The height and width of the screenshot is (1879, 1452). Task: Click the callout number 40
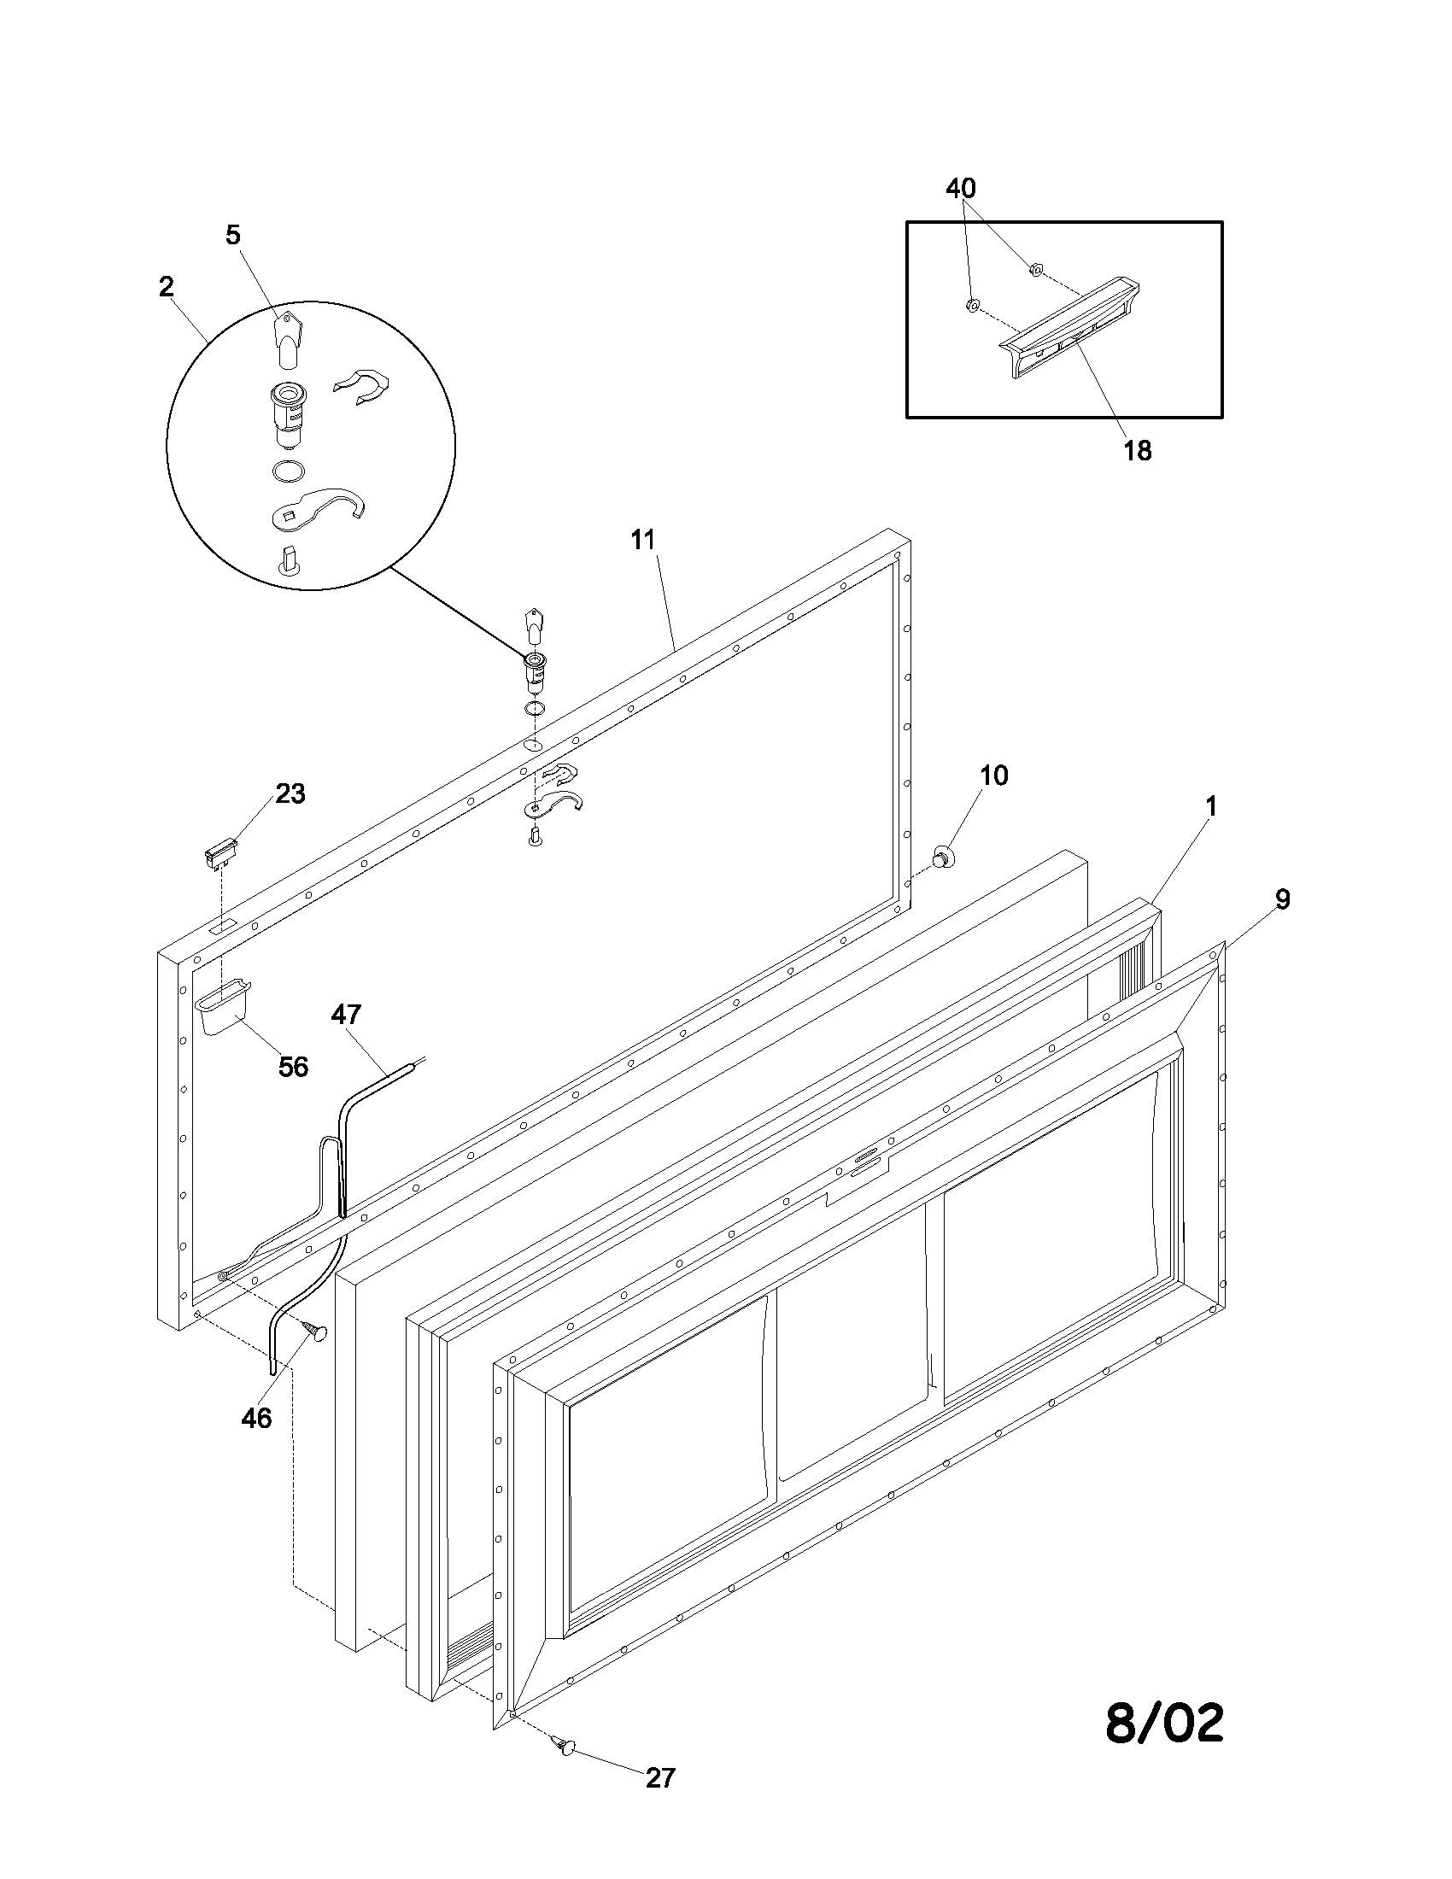961,188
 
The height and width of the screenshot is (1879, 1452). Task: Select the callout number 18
1137,450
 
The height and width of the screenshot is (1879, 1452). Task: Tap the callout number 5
233,235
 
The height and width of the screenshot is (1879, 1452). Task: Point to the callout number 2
166,286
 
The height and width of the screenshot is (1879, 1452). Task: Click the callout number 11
642,541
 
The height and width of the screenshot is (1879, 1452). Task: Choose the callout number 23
290,793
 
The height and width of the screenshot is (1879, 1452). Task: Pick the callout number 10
993,776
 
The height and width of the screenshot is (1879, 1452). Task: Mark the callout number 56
293,1067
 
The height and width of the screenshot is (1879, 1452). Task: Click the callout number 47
346,1015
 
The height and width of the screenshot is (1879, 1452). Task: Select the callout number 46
256,1418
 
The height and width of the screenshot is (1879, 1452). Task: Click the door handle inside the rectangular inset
1071,329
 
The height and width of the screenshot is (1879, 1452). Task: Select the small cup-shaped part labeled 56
223,1010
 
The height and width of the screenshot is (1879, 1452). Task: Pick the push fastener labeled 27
565,1745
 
